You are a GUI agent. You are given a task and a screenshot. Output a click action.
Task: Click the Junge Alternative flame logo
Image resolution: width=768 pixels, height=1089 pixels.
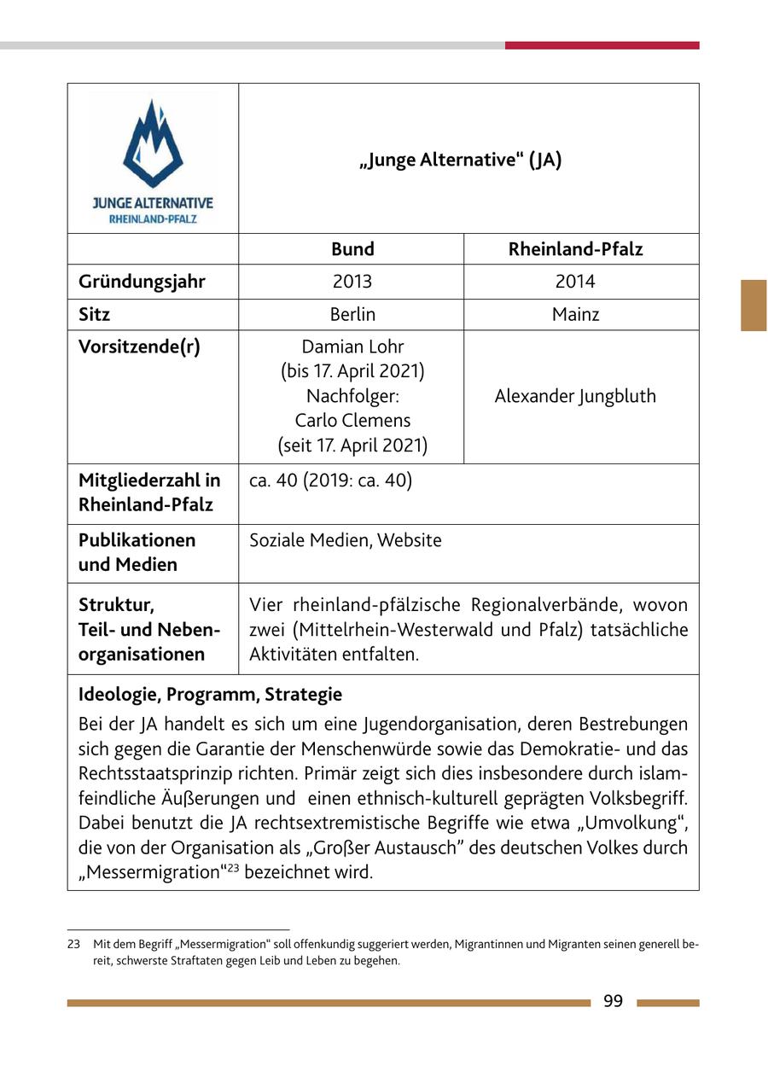pyautogui.click(x=153, y=144)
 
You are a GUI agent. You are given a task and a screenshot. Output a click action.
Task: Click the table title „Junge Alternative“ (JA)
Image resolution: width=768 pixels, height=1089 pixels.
pyautogui.click(x=461, y=160)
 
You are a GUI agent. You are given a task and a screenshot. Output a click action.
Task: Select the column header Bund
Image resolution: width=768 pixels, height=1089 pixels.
pyautogui.click(x=352, y=249)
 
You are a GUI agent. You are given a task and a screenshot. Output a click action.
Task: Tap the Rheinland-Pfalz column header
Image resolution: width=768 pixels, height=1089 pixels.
pyautogui.click(x=575, y=249)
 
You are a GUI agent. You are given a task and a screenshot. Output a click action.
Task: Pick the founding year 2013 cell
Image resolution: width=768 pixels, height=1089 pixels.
pyautogui.click(x=352, y=282)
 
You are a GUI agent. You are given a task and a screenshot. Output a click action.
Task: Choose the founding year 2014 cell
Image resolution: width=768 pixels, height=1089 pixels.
pyautogui.click(x=575, y=282)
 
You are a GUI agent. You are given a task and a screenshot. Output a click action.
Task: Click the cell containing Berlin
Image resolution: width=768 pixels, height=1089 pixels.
pyautogui.click(x=352, y=314)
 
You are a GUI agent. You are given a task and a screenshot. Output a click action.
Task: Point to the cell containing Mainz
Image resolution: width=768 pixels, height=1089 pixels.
pyautogui.click(x=575, y=314)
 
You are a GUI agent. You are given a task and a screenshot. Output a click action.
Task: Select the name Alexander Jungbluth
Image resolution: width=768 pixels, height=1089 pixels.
pyautogui.click(x=575, y=396)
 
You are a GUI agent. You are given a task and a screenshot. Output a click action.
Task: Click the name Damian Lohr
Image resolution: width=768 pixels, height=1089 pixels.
pyautogui.click(x=352, y=346)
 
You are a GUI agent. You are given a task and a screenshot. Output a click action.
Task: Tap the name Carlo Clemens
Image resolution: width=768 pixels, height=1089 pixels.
pyautogui.click(x=352, y=421)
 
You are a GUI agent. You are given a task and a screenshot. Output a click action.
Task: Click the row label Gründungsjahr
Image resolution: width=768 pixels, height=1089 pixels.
pyautogui.click(x=142, y=282)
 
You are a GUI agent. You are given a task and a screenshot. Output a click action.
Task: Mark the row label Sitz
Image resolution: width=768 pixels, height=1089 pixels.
pyautogui.click(x=94, y=314)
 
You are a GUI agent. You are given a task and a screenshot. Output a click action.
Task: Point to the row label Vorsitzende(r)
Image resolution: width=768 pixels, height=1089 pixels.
pyautogui.click(x=139, y=347)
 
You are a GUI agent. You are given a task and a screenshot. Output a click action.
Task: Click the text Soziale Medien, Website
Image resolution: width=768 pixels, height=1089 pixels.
pyautogui.click(x=346, y=540)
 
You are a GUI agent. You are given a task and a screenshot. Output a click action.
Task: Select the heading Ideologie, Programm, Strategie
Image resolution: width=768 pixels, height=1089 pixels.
pyautogui.click(x=210, y=695)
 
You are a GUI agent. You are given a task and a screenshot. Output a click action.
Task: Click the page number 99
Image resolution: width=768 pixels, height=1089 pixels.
pyautogui.click(x=613, y=1002)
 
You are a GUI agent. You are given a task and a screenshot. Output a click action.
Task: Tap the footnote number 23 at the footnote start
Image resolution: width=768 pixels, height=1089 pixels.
pyautogui.click(x=73, y=945)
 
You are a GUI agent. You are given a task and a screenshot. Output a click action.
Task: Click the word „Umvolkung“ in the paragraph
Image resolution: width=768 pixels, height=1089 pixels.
pyautogui.click(x=642, y=824)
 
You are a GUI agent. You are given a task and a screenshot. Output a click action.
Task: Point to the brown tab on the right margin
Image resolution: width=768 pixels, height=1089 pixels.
pyautogui.click(x=753, y=305)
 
